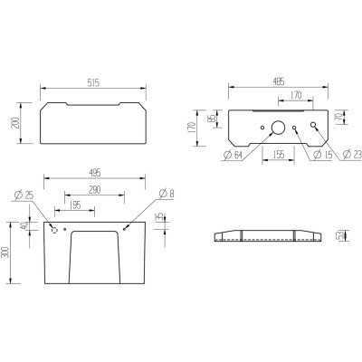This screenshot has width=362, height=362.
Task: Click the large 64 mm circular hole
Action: point(278,129)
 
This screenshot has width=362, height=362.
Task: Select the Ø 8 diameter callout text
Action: point(164,194)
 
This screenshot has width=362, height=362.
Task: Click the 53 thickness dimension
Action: point(340,237)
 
